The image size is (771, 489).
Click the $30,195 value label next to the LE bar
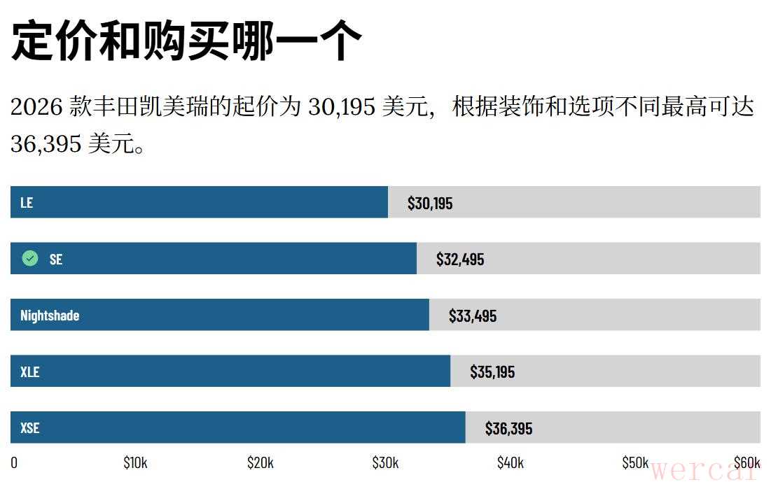(430, 204)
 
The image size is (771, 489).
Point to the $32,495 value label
(460, 260)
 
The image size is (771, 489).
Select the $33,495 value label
(473, 316)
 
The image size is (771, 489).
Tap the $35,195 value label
(492, 372)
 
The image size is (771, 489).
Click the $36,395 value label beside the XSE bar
(508, 428)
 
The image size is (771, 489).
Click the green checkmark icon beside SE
(30, 259)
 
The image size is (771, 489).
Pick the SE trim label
(56, 260)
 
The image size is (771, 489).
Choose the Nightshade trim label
(50, 316)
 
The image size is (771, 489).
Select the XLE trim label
(30, 372)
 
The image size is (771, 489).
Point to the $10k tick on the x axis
(135, 462)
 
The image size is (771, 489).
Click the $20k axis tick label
(260, 462)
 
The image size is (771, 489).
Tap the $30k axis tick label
(385, 462)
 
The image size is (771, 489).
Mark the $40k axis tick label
(510, 462)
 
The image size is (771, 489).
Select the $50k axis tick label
(635, 462)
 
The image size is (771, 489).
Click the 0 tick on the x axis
(14, 462)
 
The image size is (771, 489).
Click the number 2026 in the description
(37, 108)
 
